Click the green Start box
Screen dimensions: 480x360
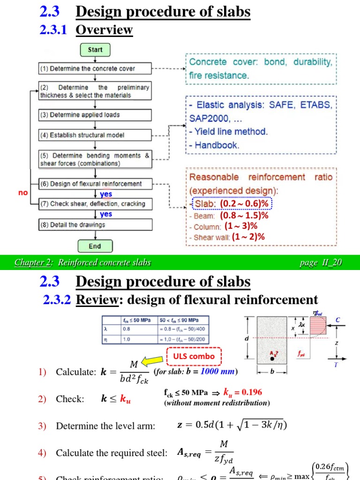click(95, 50)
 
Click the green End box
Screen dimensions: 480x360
click(95, 246)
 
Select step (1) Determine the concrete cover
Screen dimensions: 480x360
click(95, 69)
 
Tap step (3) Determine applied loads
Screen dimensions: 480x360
click(95, 115)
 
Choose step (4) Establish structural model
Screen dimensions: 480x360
click(95, 135)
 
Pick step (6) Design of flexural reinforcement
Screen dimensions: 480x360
click(95, 184)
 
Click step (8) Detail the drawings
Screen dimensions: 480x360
click(95, 225)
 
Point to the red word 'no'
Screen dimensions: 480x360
click(22, 193)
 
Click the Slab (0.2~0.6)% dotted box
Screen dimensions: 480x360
click(232, 204)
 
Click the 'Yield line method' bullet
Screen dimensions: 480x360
click(229, 132)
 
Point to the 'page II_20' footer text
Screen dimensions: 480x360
click(321, 262)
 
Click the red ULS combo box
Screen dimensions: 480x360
click(194, 356)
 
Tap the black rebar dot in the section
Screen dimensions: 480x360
click(272, 359)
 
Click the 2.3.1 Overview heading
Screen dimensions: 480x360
click(88, 30)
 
